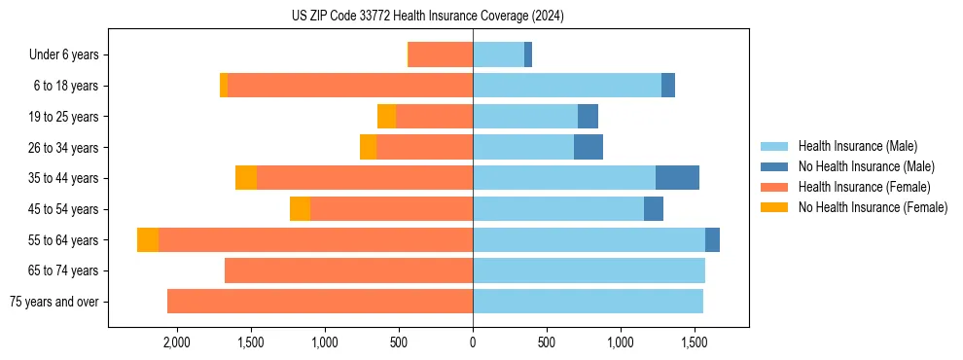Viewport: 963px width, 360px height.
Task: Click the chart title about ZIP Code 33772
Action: point(428,17)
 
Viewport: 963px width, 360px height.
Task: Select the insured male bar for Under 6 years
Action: point(498,54)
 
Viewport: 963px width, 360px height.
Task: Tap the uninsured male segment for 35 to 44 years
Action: point(677,178)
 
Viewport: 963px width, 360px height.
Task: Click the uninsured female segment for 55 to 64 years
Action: point(148,240)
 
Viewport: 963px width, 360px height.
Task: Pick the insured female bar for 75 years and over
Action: point(320,302)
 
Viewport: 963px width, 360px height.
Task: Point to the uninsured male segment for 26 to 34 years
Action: point(588,147)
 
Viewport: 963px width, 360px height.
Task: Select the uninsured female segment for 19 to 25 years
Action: point(386,117)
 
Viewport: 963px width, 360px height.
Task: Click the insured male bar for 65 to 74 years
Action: point(588,270)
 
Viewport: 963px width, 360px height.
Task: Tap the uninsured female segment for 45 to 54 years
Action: point(300,209)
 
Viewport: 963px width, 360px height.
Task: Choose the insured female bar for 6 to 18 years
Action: point(350,86)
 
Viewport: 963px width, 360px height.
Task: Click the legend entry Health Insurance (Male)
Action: point(857,146)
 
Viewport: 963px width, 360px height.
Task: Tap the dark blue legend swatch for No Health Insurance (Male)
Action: point(775,166)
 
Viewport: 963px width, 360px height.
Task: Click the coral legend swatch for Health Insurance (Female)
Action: point(775,187)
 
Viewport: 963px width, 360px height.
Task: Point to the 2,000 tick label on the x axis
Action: point(176,343)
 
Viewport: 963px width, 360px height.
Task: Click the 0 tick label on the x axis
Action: point(473,343)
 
